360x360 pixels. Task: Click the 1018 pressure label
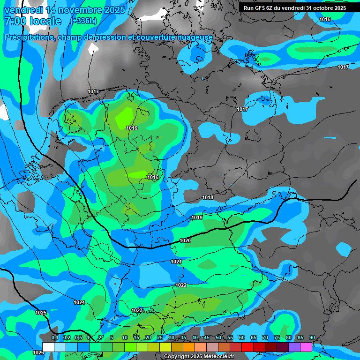(x=208, y=197)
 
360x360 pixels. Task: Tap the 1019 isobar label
(x=197, y=217)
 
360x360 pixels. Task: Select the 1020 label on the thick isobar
(x=185, y=240)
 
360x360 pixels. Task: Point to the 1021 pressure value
(x=176, y=262)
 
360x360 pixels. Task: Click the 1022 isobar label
(x=181, y=285)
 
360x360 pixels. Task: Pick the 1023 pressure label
(x=137, y=310)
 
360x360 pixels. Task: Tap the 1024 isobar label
(x=79, y=302)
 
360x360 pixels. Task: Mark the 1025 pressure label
(x=41, y=312)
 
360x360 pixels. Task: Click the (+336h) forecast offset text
(x=83, y=21)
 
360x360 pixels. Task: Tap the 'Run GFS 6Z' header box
(x=294, y=8)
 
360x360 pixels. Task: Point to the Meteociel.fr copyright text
(x=199, y=357)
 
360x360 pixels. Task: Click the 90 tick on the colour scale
(x=312, y=337)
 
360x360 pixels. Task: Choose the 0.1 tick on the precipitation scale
(x=54, y=337)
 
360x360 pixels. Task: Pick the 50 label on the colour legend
(x=218, y=337)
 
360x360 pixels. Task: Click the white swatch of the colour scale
(x=48, y=347)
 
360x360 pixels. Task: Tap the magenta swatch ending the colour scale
(x=306, y=347)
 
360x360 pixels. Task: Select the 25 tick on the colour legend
(x=160, y=337)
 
